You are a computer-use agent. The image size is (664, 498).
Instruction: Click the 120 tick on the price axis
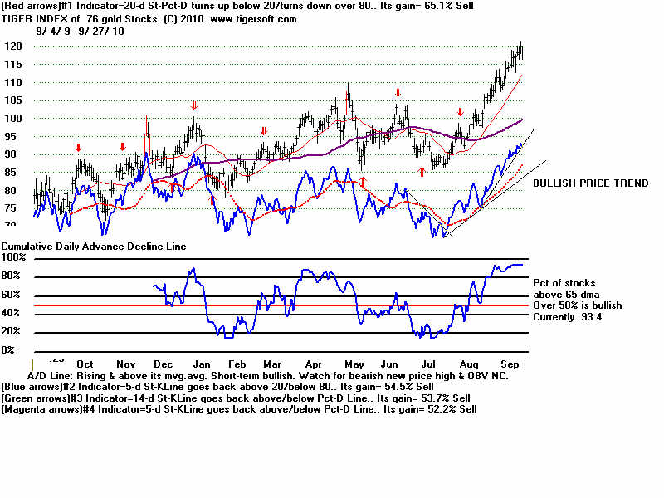pos(15,46)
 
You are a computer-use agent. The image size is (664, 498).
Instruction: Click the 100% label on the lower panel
pos(14,258)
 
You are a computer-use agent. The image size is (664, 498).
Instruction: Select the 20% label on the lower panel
pos(11,332)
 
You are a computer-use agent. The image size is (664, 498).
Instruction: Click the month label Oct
pos(84,364)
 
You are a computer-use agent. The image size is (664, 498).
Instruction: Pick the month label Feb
pos(236,364)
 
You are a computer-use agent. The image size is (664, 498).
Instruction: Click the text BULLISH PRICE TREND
pos(590,183)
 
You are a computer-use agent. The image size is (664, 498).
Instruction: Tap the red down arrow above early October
pos(79,148)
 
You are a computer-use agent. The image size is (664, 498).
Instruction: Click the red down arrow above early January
pos(194,105)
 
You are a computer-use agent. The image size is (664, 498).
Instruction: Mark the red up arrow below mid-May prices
pos(363,180)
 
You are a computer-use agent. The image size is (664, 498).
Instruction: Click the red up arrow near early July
pos(422,171)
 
